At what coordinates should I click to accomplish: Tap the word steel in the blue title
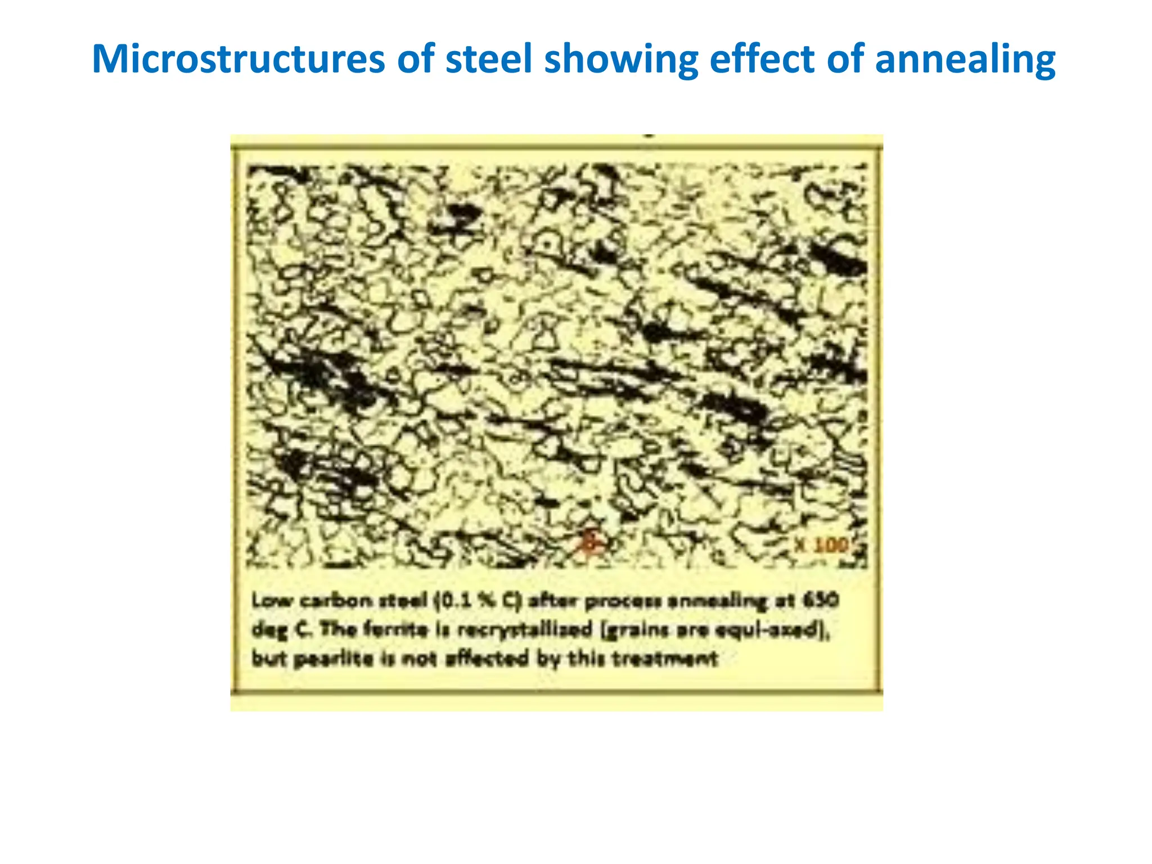(488, 59)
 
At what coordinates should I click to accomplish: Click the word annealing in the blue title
(965, 59)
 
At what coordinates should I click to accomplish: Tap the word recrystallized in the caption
(525, 629)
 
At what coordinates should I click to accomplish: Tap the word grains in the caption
(632, 629)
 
